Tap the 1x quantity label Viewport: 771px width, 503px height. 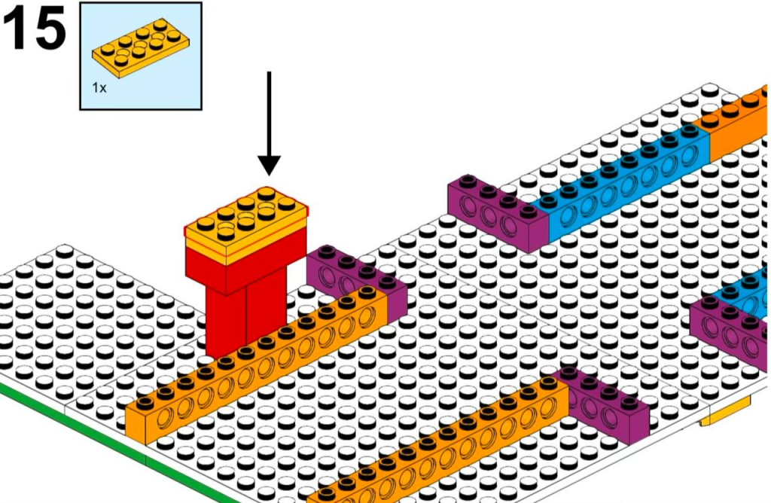tap(99, 87)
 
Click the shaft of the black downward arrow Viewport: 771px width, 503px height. tap(269, 113)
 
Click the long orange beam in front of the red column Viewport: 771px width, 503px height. tap(264, 369)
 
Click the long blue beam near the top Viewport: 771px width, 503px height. tap(625, 181)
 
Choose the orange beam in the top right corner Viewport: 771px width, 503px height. tap(738, 124)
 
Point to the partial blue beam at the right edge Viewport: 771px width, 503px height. tap(749, 294)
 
